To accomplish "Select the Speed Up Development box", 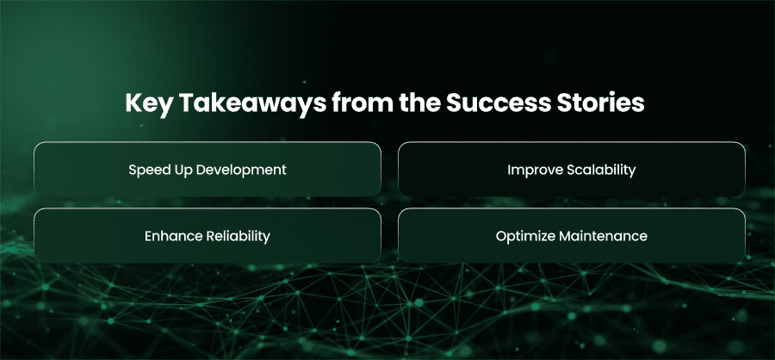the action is click(x=208, y=170).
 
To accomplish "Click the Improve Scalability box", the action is click(x=572, y=170).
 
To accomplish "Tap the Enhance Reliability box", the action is click(x=208, y=235).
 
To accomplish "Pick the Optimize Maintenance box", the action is click(x=572, y=235).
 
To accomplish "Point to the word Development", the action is click(x=241, y=171).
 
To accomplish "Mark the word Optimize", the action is click(x=525, y=237).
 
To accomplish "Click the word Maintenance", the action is click(x=603, y=236).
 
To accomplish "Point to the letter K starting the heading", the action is click(x=132, y=103).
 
